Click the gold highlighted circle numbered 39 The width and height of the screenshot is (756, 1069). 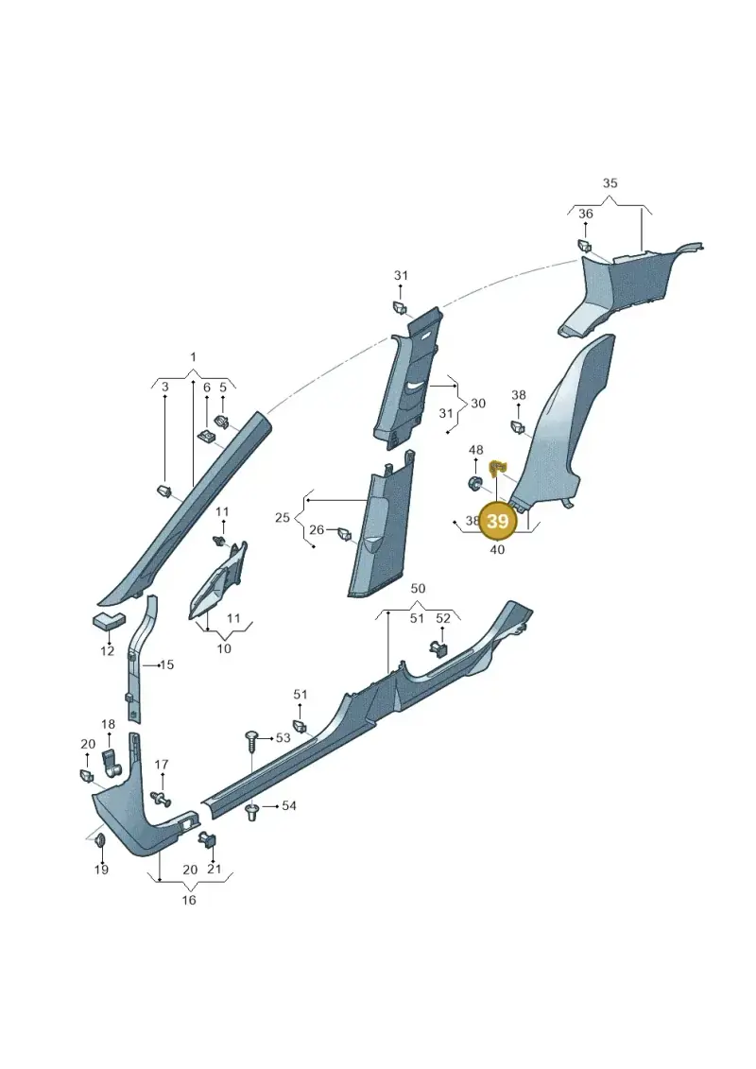[x=498, y=521]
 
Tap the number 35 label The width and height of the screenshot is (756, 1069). [x=610, y=182]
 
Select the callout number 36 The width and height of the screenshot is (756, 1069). [x=586, y=214]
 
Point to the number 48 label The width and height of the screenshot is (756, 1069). [x=476, y=450]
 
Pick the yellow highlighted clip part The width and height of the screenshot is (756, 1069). [x=498, y=467]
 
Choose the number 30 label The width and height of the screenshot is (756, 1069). [x=478, y=404]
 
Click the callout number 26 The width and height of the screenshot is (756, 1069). [x=317, y=529]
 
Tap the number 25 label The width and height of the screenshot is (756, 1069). [x=283, y=517]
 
